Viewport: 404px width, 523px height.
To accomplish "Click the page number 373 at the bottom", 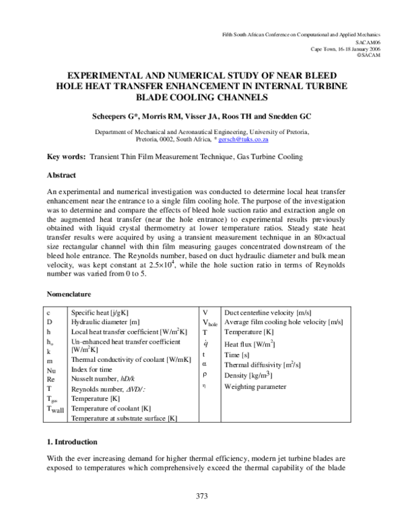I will [x=202, y=497].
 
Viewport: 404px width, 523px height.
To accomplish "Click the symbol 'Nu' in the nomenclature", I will [x=51, y=370].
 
